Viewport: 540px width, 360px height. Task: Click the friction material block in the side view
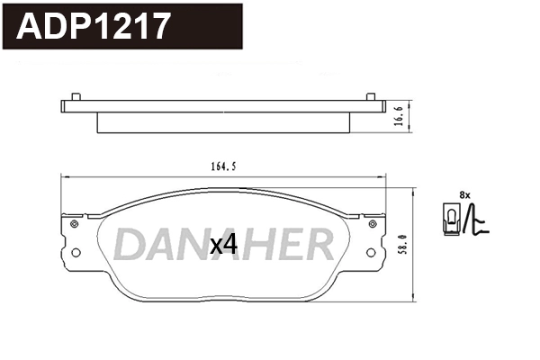(223, 122)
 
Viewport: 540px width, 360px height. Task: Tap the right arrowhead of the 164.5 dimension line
(384, 177)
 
